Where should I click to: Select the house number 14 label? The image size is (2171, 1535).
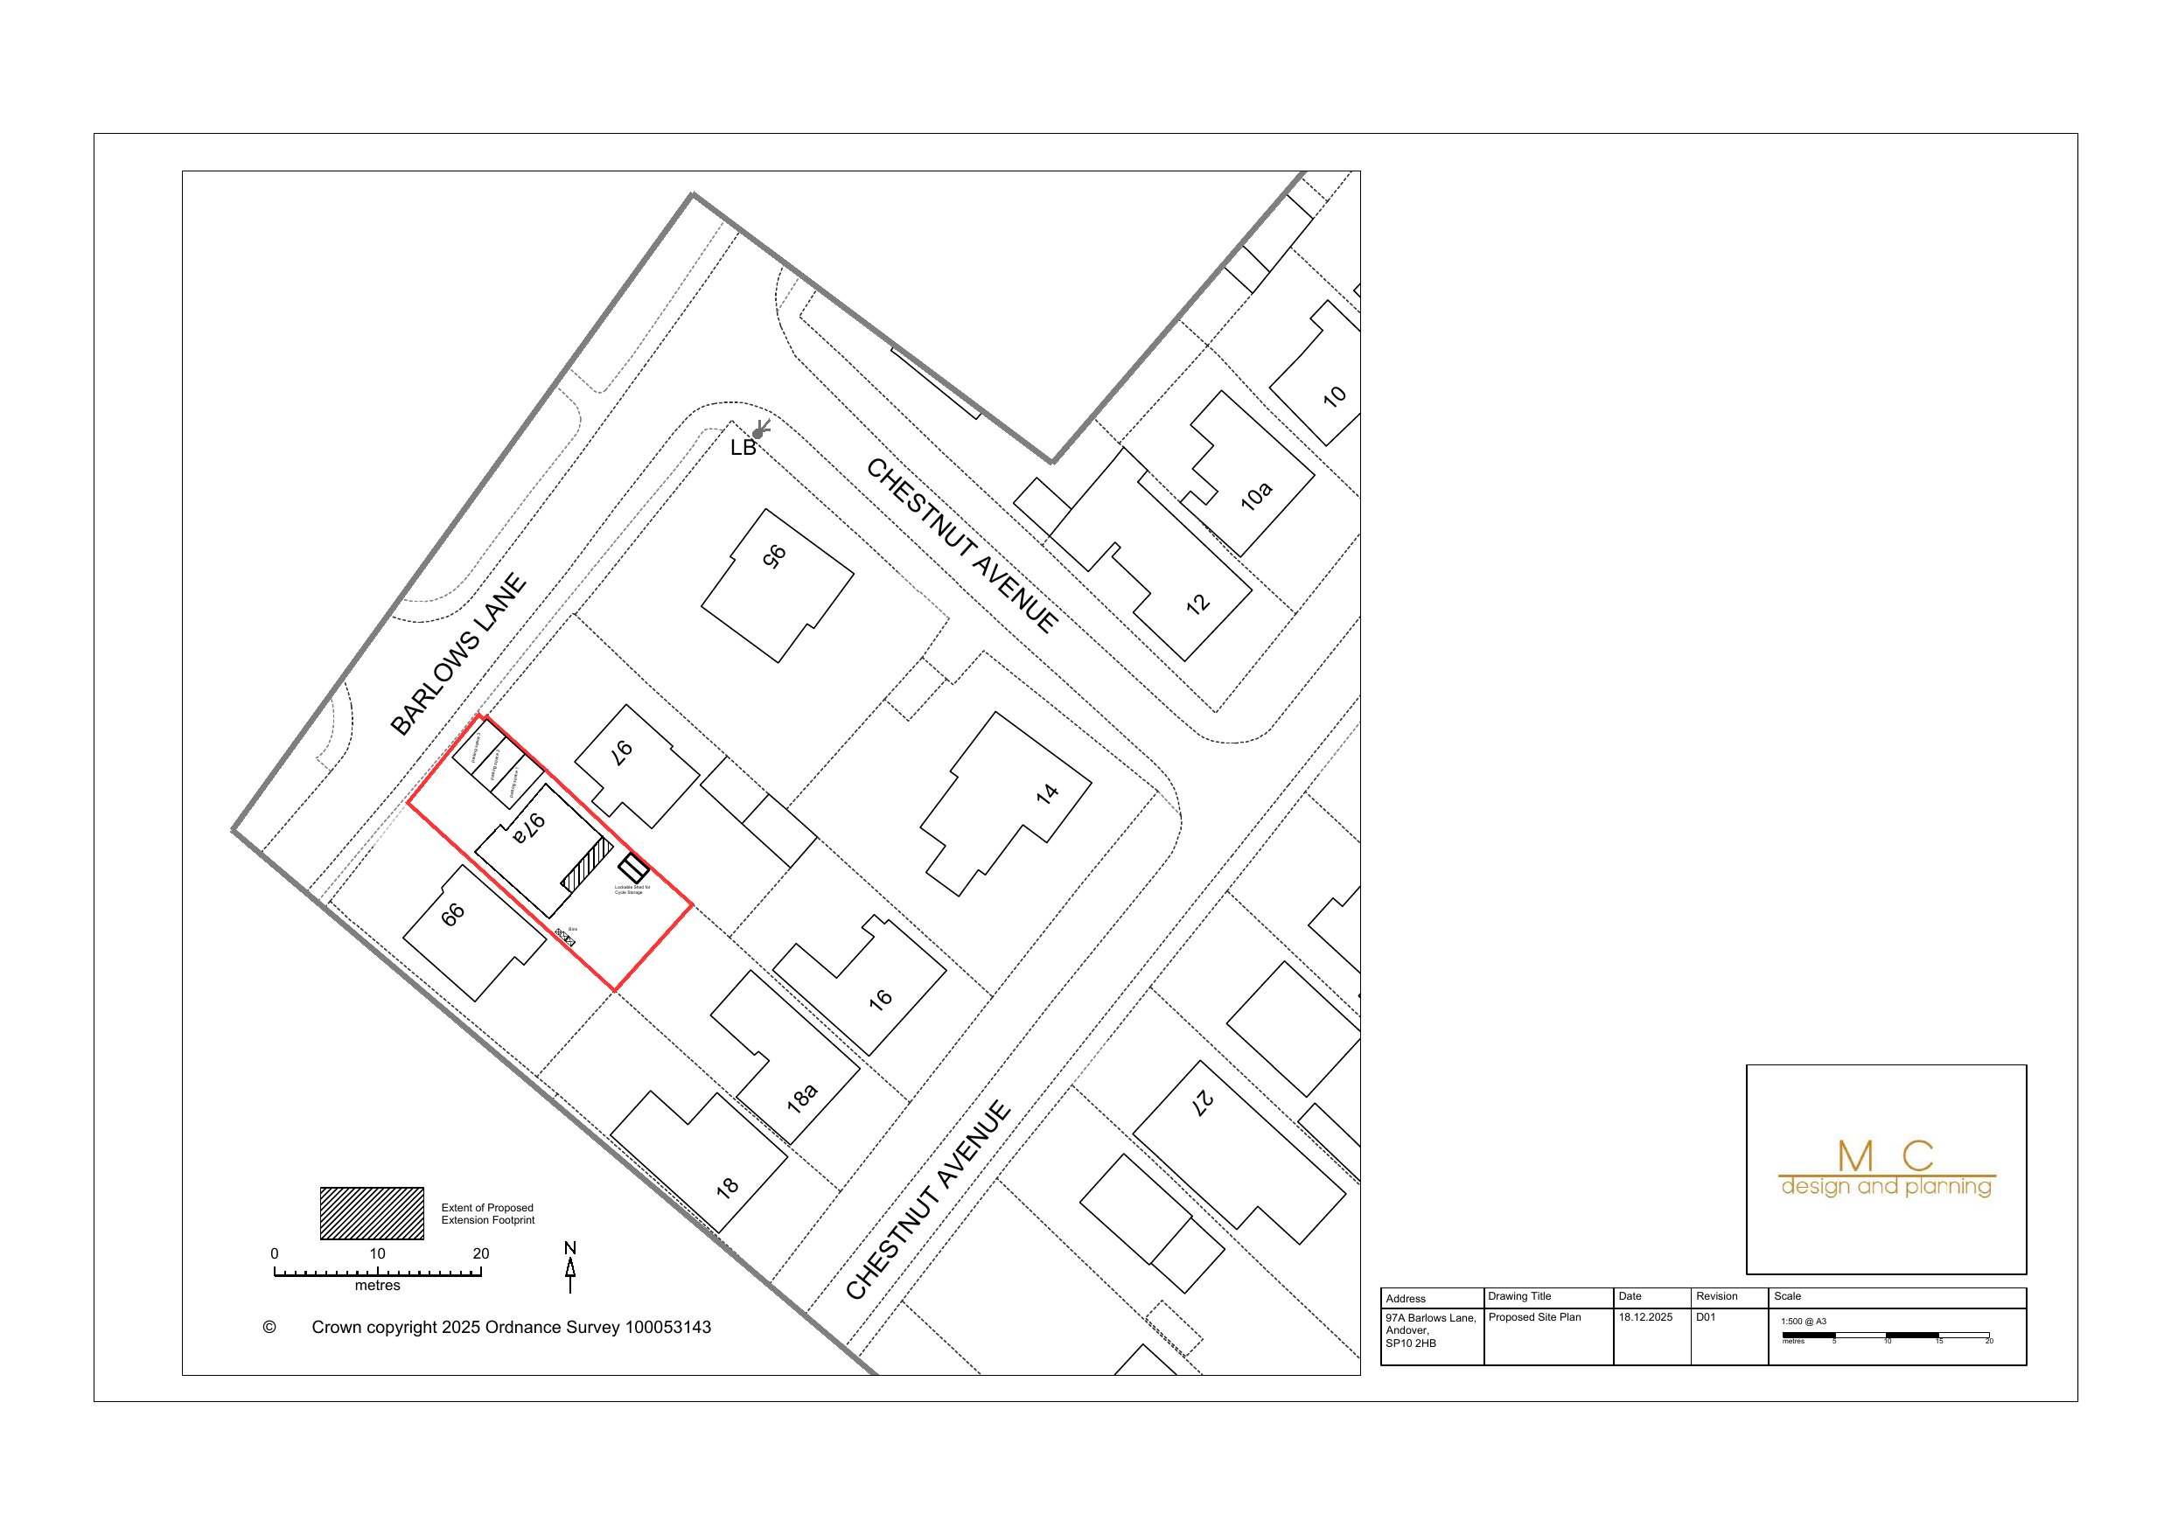click(1047, 793)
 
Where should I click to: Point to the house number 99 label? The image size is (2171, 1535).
click(453, 915)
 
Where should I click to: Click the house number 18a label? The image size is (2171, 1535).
click(801, 1098)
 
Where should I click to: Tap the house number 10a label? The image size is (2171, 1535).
click(1256, 496)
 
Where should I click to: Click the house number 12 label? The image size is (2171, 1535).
click(1197, 604)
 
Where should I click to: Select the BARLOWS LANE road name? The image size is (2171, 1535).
click(458, 654)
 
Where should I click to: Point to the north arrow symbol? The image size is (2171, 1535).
click(570, 1269)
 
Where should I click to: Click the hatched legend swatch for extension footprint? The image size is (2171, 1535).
click(372, 1212)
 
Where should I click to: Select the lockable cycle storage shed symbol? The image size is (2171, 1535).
click(633, 868)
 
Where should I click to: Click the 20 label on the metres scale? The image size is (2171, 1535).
click(480, 1254)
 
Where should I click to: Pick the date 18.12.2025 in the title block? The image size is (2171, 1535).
click(1645, 1316)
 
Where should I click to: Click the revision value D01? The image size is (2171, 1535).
click(1706, 1316)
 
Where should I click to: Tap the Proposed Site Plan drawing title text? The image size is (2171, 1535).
click(1534, 1316)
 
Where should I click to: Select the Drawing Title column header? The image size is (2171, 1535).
click(1519, 1295)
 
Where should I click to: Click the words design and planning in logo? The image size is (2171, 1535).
click(1886, 1186)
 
